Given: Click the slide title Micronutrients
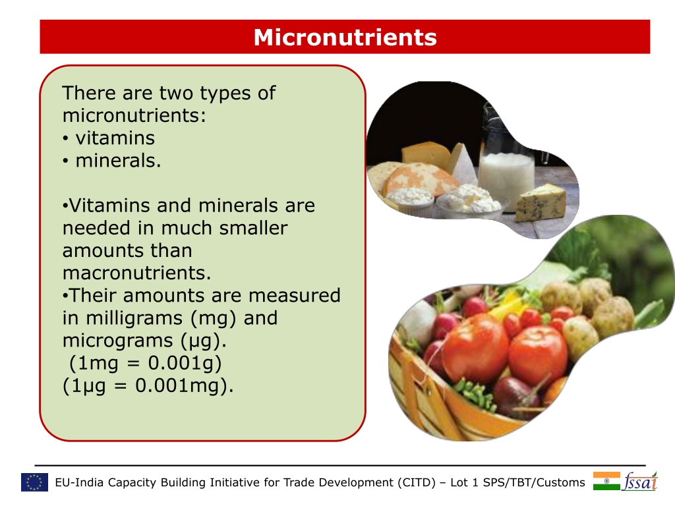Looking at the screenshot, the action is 345,37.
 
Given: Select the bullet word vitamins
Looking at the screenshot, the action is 115,138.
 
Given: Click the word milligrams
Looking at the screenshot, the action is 134,318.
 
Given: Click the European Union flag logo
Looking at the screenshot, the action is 34,482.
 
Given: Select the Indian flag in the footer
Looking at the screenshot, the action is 606,481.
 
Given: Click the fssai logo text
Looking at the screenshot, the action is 639,481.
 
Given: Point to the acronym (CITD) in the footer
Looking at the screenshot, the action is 417,482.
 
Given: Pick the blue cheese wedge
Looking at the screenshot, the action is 541,203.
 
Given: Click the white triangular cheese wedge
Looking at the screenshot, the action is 464,165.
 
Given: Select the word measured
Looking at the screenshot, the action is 295,296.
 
